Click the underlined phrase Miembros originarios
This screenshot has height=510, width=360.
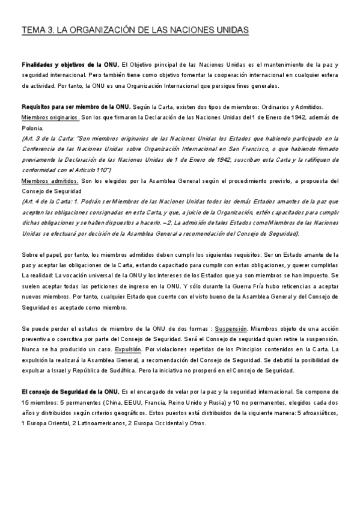pyautogui.click(x=50, y=117)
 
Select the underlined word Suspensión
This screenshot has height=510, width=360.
pyautogui.click(x=231, y=329)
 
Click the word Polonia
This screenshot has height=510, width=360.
pyautogui.click(x=32, y=128)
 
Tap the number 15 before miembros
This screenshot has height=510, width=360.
pyautogui.click(x=25, y=402)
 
